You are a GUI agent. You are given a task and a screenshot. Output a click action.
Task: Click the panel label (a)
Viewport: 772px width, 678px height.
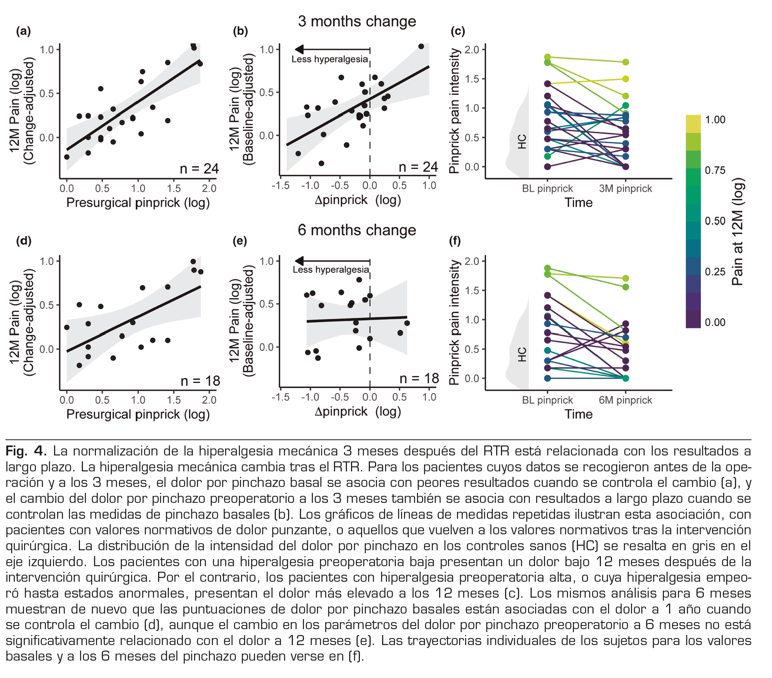(x=23, y=31)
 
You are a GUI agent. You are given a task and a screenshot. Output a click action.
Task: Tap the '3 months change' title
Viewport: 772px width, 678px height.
(x=357, y=21)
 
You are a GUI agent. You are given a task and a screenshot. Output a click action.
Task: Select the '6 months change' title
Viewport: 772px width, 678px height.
(x=357, y=230)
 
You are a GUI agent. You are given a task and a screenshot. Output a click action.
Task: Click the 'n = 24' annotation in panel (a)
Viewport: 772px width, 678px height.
(x=200, y=168)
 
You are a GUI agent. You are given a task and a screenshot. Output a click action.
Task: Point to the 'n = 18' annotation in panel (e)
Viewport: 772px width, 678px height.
(x=419, y=378)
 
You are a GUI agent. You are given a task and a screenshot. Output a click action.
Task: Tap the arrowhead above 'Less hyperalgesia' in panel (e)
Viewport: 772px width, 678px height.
(x=299, y=261)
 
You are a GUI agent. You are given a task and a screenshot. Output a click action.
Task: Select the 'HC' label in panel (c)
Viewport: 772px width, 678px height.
(x=522, y=142)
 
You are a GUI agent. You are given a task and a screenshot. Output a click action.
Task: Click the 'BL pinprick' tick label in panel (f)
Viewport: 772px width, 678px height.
(x=547, y=400)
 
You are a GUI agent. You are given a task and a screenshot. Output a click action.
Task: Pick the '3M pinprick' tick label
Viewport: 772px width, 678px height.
(x=625, y=188)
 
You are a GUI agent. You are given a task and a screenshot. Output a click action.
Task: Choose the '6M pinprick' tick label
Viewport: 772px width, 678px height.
(x=625, y=400)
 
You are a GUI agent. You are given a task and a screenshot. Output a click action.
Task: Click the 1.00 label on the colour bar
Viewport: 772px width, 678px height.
(x=715, y=120)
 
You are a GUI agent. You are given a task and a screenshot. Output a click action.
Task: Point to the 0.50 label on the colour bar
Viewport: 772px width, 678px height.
(x=715, y=221)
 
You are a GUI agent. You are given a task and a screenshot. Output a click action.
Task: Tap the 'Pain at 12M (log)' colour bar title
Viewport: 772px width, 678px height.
(x=737, y=231)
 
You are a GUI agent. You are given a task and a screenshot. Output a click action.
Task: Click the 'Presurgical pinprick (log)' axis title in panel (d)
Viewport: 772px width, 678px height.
(x=138, y=414)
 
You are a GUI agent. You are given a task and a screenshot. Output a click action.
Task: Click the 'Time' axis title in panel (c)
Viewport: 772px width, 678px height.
(x=579, y=203)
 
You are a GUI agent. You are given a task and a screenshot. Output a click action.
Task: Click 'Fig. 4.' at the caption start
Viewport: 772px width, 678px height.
(x=26, y=451)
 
